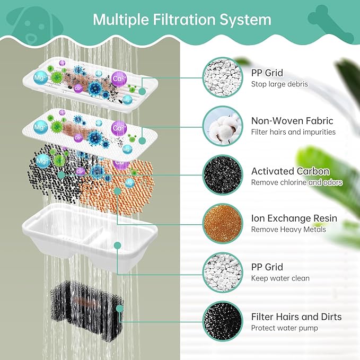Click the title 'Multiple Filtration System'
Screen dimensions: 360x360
pos(182,20)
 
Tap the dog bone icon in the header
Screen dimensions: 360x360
pos(331,24)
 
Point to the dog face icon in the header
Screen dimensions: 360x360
pos(34,25)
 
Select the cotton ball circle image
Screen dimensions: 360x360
pos(223,126)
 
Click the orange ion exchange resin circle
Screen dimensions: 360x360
pos(223,224)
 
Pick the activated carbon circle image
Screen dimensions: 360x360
pos(223,175)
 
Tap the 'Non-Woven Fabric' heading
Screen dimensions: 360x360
pos(292,121)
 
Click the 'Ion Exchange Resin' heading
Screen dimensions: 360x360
pos(294,218)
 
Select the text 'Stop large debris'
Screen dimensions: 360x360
pos(279,84)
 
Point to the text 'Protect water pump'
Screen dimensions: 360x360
pos(285,328)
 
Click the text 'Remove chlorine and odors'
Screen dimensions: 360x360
pos(296,182)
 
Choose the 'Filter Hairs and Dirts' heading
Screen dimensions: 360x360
pos(296,317)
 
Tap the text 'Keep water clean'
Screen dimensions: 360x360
pos(280,278)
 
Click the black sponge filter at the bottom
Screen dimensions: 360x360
pos(87,310)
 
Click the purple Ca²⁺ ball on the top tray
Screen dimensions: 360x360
pos(119,79)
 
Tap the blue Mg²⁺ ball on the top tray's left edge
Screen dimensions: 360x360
pos(40,77)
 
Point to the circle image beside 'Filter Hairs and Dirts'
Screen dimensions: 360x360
pos(223,321)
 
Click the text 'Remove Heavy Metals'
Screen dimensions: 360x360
pos(288,230)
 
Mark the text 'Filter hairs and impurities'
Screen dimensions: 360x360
pos(293,132)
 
